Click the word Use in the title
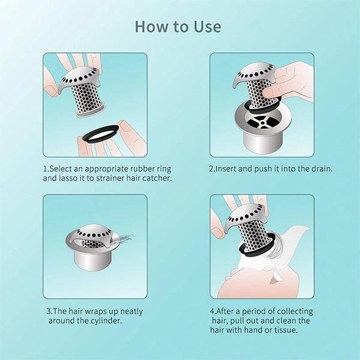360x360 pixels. [x=208, y=26]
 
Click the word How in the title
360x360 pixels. [x=151, y=26]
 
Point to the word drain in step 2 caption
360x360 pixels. [x=322, y=169]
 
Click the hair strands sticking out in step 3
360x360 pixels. [x=123, y=240]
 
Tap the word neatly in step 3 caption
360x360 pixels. [x=131, y=311]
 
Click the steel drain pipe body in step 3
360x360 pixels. [x=93, y=259]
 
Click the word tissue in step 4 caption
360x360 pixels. [x=286, y=330]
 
